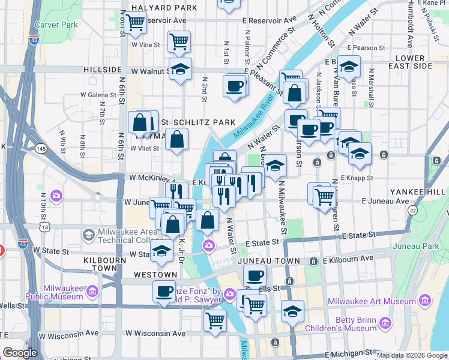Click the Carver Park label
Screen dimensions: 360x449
tap(56, 25)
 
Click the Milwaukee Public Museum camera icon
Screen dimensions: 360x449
tap(92, 292)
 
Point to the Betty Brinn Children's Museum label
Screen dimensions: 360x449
tap(349, 324)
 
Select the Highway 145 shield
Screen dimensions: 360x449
tap(41, 148)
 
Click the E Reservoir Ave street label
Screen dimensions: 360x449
tap(269, 20)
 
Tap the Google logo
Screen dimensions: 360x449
tap(20, 353)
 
